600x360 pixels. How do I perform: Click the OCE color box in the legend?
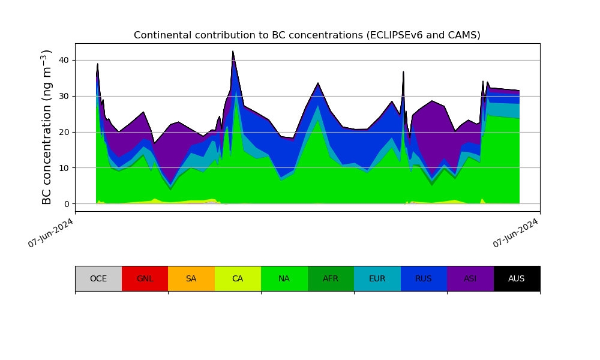point(98,278)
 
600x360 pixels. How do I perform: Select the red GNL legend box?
point(145,278)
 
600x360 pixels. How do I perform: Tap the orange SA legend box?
point(191,278)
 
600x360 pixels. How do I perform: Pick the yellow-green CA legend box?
point(238,278)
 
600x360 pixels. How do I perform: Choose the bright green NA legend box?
point(284,278)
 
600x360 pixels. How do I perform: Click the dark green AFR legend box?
point(331,278)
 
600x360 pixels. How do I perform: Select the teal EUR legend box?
point(377,278)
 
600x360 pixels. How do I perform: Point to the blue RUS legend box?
point(424,278)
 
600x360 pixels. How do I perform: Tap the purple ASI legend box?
point(470,278)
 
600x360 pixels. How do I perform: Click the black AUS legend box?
point(517,278)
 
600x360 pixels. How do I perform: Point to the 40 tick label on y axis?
point(64,60)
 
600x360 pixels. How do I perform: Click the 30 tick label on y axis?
point(64,96)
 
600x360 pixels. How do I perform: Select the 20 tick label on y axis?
point(64,132)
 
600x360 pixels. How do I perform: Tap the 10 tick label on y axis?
point(64,168)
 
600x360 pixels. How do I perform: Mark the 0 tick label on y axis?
point(66,204)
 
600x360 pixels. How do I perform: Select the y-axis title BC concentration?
point(47,127)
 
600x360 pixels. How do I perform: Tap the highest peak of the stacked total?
point(233,52)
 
